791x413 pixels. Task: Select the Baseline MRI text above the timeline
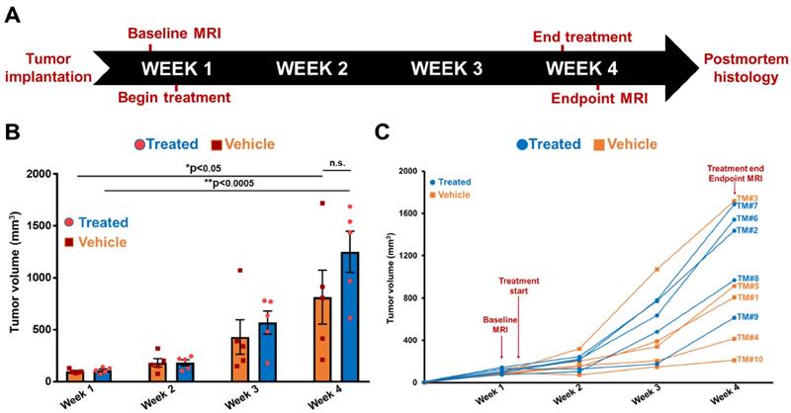[175, 35]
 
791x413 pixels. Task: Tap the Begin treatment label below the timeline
[174, 97]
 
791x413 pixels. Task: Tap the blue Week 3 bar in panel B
[268, 351]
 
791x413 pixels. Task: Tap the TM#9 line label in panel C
[747, 317]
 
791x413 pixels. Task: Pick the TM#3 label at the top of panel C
[747, 199]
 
